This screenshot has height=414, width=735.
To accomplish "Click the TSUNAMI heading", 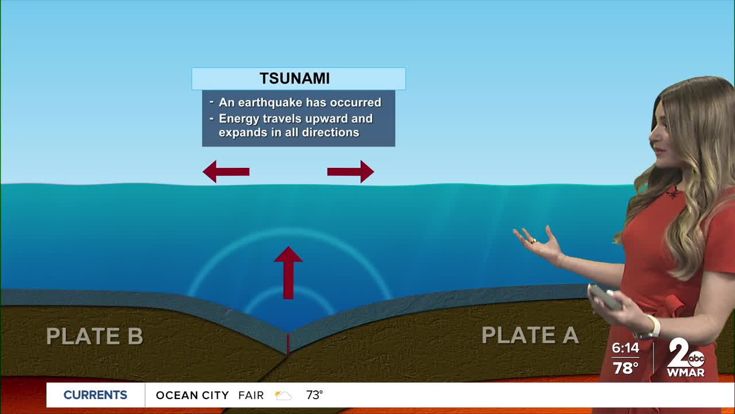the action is (295, 78).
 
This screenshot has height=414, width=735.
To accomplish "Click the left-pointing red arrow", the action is (226, 171).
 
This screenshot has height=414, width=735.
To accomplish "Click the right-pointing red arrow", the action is (350, 171).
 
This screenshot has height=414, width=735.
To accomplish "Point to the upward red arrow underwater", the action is (288, 273).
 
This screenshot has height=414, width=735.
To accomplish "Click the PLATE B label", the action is (95, 336).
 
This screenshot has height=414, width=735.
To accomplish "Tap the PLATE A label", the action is (530, 335).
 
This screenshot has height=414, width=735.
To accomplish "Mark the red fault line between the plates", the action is (288, 343).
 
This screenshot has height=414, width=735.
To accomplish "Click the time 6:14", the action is (625, 348).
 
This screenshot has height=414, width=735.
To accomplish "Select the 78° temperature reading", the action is (625, 368).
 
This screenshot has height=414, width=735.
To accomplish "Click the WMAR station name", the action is (686, 373).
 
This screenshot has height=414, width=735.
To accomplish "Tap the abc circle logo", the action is (697, 358).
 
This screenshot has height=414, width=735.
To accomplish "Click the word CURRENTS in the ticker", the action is (95, 395).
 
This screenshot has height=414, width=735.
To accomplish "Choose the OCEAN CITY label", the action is (192, 395).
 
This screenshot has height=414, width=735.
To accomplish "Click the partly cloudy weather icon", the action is (283, 395).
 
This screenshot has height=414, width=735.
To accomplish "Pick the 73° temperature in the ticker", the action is (314, 395).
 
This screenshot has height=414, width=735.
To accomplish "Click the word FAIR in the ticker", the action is (251, 395).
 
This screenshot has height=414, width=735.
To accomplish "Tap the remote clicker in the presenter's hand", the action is (605, 297).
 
